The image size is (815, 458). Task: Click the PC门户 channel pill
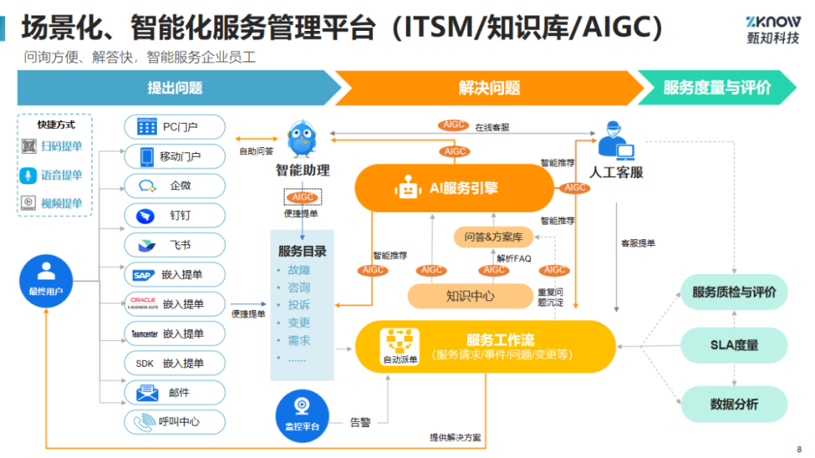[174, 127]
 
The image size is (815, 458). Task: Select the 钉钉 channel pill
[174, 216]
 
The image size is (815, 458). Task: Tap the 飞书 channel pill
[174, 245]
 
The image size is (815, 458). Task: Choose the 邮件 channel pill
[174, 393]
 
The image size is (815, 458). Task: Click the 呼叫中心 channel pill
[174, 422]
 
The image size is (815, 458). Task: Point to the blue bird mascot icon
[302, 138]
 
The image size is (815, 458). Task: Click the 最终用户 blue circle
[46, 281]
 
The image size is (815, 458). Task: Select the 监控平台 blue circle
[302, 416]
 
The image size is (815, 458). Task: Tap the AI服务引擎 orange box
[454, 188]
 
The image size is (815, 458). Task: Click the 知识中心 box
[470, 297]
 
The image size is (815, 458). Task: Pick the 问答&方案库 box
[494, 237]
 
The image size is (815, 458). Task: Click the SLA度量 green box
[734, 345]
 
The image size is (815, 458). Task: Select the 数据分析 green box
[734, 404]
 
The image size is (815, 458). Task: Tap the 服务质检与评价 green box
[734, 292]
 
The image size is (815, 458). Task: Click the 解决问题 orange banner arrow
[489, 88]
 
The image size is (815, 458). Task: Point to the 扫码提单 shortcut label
[61, 146]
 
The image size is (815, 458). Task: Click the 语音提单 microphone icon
[28, 175]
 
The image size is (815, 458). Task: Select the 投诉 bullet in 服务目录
[299, 305]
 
